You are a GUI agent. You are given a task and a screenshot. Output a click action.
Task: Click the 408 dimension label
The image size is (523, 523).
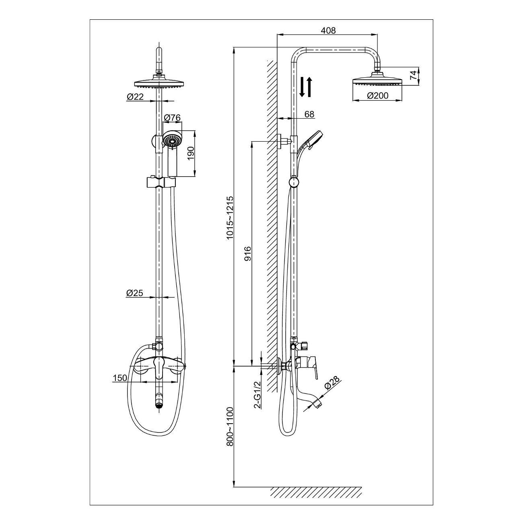point(328,31)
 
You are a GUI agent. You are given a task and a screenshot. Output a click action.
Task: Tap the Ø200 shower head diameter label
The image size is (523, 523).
point(377,95)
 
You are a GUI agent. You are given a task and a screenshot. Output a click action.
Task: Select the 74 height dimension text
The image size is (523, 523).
point(413,74)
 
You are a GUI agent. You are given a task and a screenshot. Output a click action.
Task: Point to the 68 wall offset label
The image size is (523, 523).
point(309,114)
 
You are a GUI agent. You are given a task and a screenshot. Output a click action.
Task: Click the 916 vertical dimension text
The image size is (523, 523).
point(248,253)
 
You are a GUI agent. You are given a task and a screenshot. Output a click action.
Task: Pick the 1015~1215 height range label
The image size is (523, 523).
point(230,218)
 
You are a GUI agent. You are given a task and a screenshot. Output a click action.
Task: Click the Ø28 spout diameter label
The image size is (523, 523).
point(332,383)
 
